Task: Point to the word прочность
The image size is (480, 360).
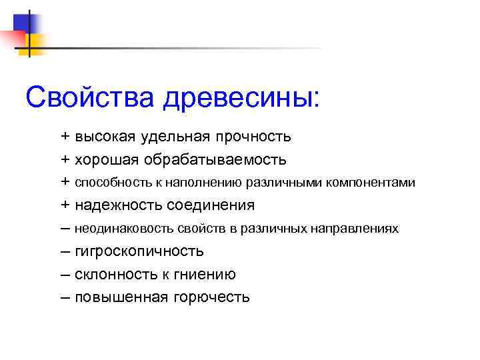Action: click(x=253, y=137)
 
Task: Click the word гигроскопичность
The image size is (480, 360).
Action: click(x=139, y=251)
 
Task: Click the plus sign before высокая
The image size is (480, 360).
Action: click(x=65, y=137)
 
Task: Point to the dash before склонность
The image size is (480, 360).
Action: click(x=65, y=274)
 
